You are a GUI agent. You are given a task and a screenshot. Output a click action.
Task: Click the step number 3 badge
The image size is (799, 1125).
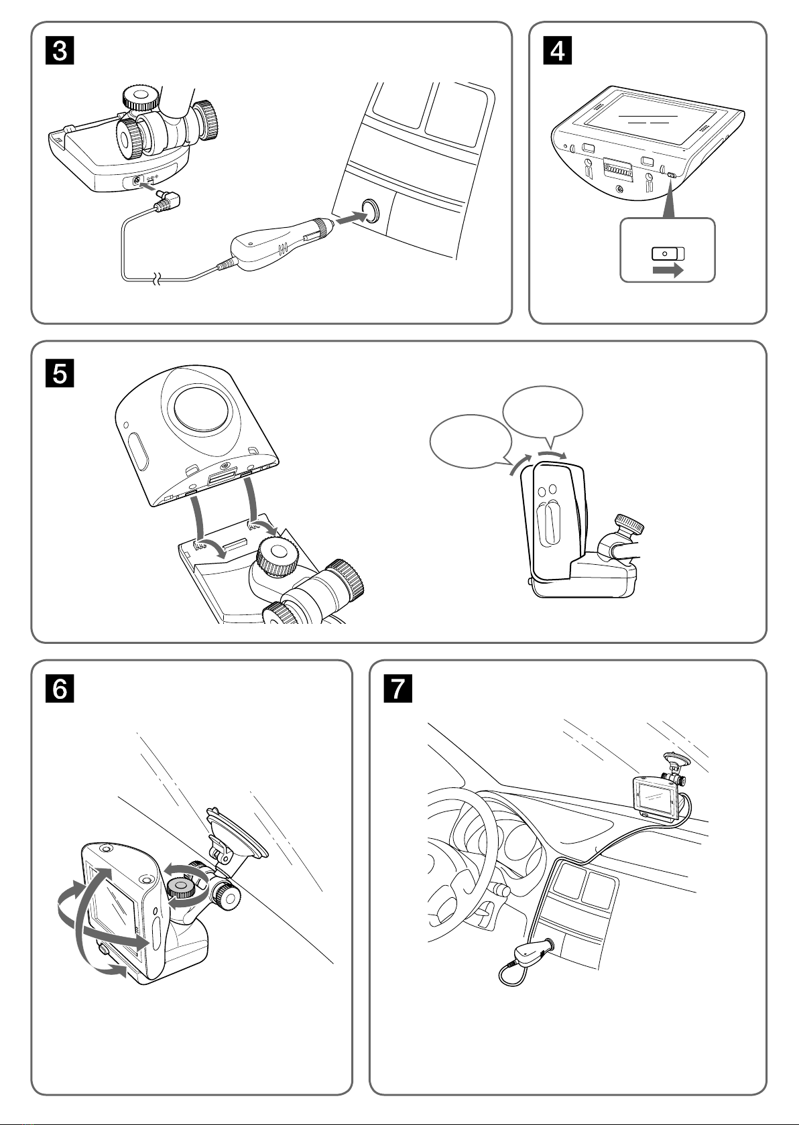60,51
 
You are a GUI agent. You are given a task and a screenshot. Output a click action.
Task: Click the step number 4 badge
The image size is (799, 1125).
558,51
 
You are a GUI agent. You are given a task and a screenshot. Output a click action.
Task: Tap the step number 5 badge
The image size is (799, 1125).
60,373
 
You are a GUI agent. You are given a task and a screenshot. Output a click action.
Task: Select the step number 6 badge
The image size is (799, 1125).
60,689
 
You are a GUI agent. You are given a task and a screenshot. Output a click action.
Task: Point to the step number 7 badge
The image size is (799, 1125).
398,689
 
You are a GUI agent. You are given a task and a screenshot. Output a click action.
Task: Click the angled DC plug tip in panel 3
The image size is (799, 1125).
168,199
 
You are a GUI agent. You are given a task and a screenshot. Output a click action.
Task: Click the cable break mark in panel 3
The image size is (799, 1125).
158,279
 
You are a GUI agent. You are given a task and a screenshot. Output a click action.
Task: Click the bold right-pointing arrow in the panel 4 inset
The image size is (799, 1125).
668,270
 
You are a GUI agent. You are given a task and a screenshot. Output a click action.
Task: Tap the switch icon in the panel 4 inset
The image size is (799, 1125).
668,253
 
